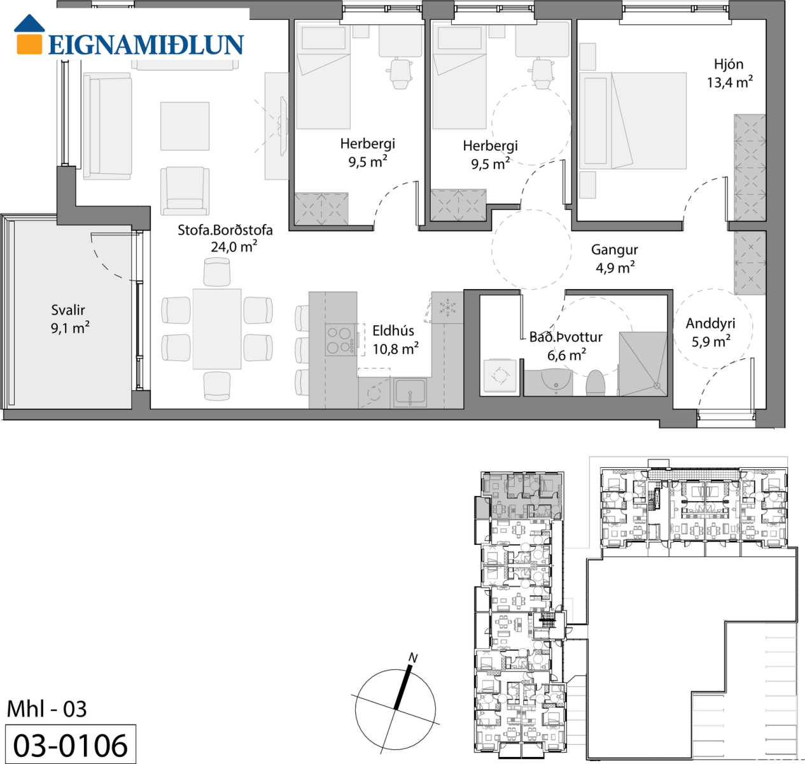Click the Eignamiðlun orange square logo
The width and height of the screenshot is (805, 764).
click(x=29, y=44)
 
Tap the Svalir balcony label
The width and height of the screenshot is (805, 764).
click(x=68, y=310)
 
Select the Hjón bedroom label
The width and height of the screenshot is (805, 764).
click(x=729, y=64)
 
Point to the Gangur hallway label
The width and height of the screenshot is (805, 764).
click(x=615, y=250)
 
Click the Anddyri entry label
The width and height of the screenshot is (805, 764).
click(x=710, y=323)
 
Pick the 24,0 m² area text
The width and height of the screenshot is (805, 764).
click(x=234, y=246)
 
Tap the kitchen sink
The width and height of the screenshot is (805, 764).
click(x=410, y=392)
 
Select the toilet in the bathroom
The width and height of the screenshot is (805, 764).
click(x=596, y=383)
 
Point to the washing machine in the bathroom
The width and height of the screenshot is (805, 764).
click(x=500, y=375)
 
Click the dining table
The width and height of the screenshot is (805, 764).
click(x=217, y=329)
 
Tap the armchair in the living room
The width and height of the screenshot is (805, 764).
click(x=185, y=190)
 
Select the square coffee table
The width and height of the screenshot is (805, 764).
click(x=185, y=126)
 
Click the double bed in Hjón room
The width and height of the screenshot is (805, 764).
click(x=633, y=121)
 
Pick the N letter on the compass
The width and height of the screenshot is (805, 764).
click(x=413, y=658)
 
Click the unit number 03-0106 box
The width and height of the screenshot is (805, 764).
click(x=71, y=744)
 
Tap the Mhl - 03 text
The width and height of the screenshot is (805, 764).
click(x=46, y=709)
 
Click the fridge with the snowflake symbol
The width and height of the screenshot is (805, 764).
click(x=447, y=308)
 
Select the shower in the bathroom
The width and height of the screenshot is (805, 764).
click(x=643, y=364)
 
